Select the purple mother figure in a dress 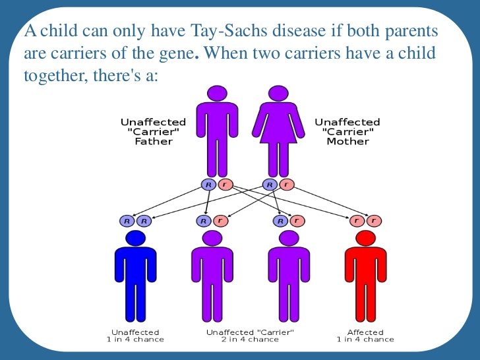pyautogui.click(x=278, y=132)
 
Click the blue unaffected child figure pyautogui.click(x=135, y=277)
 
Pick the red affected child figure pyautogui.click(x=365, y=277)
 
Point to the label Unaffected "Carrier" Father pyautogui.click(x=153, y=132)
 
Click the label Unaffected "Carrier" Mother pyautogui.click(x=347, y=132)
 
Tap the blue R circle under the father pyautogui.click(x=208, y=185)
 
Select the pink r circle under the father pyautogui.click(x=224, y=185)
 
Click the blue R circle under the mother pyautogui.click(x=270, y=185)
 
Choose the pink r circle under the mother pyautogui.click(x=285, y=185)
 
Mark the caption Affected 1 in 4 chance pyautogui.click(x=365, y=336)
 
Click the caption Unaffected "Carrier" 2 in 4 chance pyautogui.click(x=250, y=336)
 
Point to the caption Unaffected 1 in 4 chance pyautogui.click(x=135, y=336)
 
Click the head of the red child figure pyautogui.click(x=365, y=238)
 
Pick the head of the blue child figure pyautogui.click(x=135, y=238)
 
